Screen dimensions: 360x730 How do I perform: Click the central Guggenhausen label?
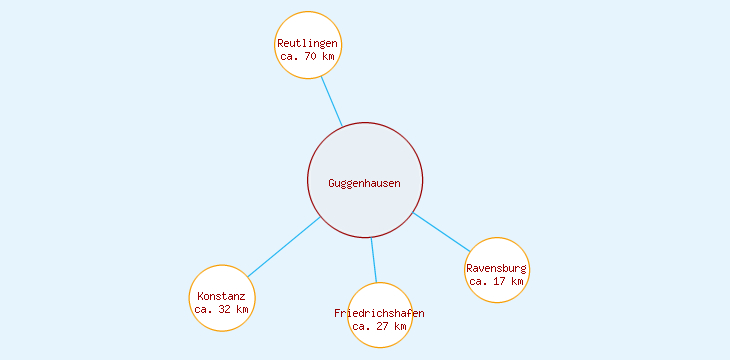point(364,183)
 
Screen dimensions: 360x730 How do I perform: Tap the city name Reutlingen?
point(307,44)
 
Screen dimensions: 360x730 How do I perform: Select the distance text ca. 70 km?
point(307,57)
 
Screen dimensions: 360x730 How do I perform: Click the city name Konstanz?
point(221,296)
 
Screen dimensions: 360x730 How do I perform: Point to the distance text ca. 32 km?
point(221,309)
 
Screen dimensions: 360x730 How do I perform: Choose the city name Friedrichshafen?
point(379,314)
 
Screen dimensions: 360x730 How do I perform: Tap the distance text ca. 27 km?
point(379,327)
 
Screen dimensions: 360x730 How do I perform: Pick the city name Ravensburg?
point(496,268)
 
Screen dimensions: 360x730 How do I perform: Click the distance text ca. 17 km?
point(496,281)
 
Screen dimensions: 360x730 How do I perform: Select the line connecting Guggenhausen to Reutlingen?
point(331,101)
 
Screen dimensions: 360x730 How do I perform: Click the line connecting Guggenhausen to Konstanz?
point(284,246)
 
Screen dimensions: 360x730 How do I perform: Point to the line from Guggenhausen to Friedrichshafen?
point(374,260)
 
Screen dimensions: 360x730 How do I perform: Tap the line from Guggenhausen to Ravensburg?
point(441,232)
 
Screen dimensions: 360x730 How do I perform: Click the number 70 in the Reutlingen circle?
point(310,57)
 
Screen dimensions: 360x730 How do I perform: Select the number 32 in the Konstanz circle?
point(224,309)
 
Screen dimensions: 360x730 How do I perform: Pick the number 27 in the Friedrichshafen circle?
point(382,327)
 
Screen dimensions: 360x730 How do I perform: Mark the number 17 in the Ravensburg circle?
point(499,281)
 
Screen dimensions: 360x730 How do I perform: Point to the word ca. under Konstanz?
point(203,309)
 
